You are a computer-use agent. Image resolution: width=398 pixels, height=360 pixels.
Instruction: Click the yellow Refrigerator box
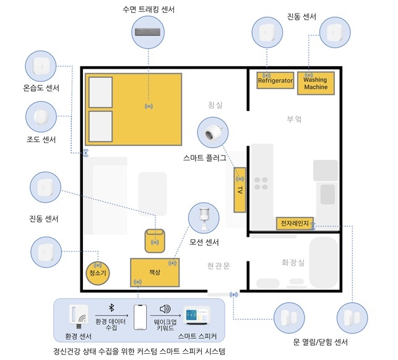pyautogui.click(x=274, y=81)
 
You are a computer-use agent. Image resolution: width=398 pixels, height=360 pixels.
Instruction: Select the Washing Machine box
pyautogui.click(x=316, y=83)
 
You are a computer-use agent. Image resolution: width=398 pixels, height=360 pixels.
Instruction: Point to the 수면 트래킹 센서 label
pyautogui.click(x=149, y=9)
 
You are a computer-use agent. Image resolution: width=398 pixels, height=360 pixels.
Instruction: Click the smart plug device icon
pyautogui.click(x=212, y=133)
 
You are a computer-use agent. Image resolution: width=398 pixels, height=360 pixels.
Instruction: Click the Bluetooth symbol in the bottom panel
pyautogui.click(x=111, y=308)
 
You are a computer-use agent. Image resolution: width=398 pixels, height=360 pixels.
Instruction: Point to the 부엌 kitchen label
pyautogui.click(x=295, y=118)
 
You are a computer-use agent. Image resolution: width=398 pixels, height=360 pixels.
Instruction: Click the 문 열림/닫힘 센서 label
pyautogui.click(x=320, y=343)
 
